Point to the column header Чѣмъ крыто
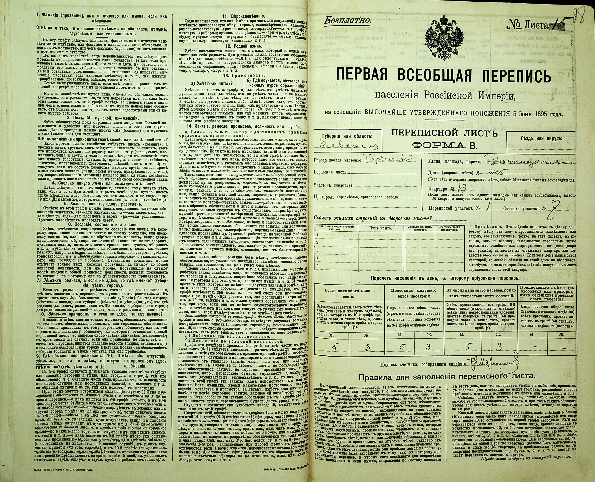point(380,228)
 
